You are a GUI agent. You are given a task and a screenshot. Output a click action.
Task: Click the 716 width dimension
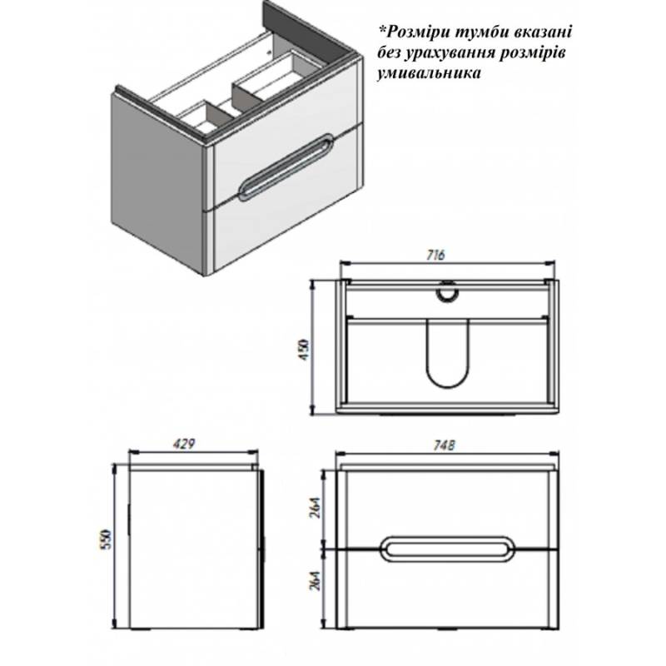(x=435, y=255)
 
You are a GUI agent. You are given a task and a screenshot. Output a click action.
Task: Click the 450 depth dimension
(x=305, y=350)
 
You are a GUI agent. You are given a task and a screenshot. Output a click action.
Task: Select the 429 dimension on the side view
(x=184, y=444)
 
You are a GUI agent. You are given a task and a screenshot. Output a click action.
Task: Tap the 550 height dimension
(x=106, y=539)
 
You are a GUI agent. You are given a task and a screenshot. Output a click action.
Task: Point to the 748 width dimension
(x=445, y=445)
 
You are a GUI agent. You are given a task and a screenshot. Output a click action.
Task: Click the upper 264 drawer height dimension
(x=316, y=508)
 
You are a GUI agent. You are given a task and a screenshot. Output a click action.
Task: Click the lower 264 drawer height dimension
(x=316, y=580)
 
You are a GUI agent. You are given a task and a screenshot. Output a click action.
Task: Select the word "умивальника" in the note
(x=429, y=73)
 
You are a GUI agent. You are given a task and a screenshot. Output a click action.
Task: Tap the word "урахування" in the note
(x=451, y=53)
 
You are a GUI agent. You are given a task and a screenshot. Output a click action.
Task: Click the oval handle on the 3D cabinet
(x=286, y=166)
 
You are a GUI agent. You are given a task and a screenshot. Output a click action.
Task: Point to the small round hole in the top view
(x=447, y=292)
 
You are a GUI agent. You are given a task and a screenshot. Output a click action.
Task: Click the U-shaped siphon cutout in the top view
(x=447, y=353)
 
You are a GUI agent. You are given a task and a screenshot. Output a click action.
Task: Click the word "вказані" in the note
(x=543, y=32)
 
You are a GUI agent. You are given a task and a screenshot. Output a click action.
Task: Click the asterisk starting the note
(x=382, y=30)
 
